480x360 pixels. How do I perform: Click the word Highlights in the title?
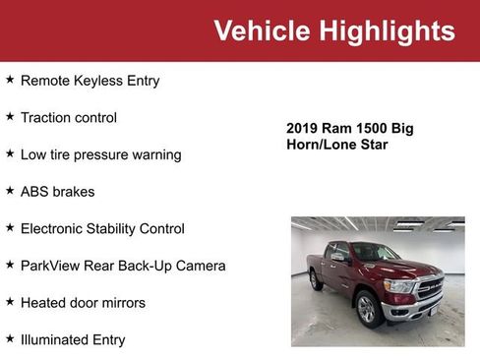click(388, 31)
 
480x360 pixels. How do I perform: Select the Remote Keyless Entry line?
click(90, 81)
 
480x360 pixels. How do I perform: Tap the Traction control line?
click(69, 118)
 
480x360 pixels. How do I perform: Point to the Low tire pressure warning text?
click(100, 154)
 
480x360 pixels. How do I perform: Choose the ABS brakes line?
click(58, 192)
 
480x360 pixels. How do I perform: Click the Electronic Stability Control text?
click(102, 228)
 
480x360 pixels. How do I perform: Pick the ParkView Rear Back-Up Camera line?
click(123, 266)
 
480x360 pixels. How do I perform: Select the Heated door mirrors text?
click(83, 303)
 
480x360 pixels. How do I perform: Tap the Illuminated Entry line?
click(73, 339)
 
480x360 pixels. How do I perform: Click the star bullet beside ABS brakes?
click(10, 191)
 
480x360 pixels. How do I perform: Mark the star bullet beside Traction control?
click(10, 117)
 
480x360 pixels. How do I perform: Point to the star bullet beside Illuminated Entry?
click(10, 338)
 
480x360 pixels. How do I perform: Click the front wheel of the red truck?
click(367, 309)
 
